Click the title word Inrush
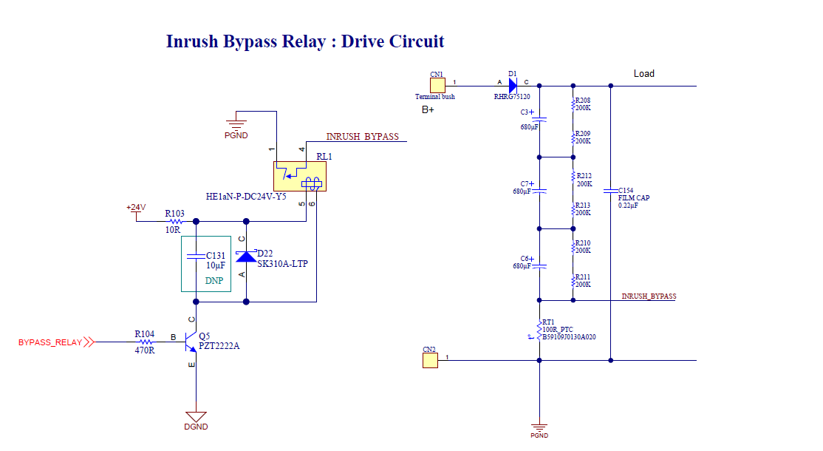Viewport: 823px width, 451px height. coord(192,41)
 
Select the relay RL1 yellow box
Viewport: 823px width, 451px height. coord(299,176)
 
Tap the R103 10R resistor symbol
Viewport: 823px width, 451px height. coord(175,221)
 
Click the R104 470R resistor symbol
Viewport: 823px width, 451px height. coord(145,342)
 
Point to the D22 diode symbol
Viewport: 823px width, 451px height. coord(246,257)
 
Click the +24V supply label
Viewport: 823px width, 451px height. coord(135,208)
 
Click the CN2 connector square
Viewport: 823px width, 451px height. coord(430,360)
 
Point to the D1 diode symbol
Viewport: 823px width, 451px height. coord(513,86)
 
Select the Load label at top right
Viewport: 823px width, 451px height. coord(643,74)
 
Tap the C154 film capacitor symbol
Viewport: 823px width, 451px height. coord(611,191)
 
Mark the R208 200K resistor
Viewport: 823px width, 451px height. coord(573,105)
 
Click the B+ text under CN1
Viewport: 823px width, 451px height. coord(428,110)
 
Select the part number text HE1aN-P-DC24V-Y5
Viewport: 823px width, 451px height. coord(246,197)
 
